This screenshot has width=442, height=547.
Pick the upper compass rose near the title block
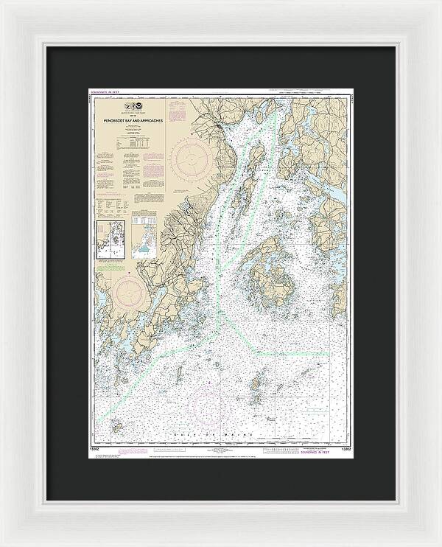point(192,157)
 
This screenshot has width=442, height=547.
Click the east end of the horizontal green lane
point(327,352)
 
